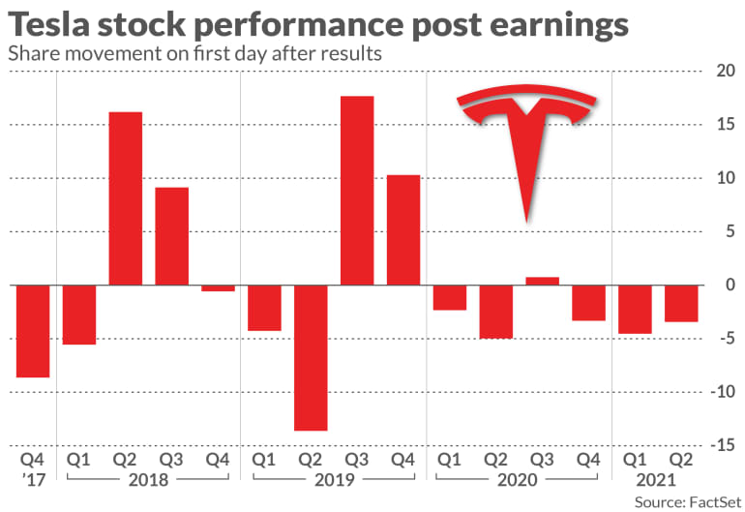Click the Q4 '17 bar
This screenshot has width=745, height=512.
(x=33, y=331)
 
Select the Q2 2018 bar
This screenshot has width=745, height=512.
(x=126, y=198)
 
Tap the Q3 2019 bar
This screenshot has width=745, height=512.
(x=357, y=191)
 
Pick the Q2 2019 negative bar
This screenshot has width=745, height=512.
(x=311, y=358)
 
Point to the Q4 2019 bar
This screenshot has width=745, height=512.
(x=403, y=230)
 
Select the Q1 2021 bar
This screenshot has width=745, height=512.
(x=635, y=310)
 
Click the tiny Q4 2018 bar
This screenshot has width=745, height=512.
(x=219, y=288)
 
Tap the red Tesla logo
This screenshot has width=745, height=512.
(x=527, y=136)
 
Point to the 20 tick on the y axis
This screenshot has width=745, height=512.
(x=721, y=72)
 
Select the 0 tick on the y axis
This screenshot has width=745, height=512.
(x=726, y=286)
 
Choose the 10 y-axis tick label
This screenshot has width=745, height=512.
(x=721, y=179)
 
